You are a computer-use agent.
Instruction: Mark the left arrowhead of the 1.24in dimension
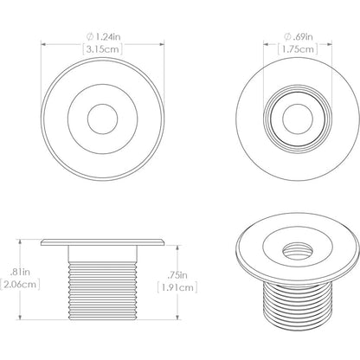[43, 46]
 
